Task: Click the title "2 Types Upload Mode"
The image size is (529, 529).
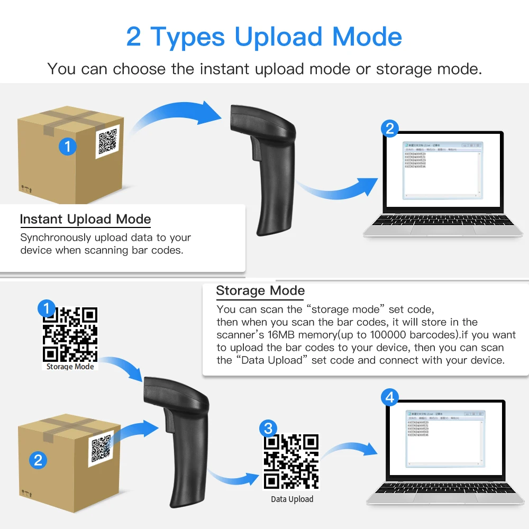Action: (x=264, y=37)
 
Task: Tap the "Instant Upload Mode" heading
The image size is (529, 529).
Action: (x=85, y=220)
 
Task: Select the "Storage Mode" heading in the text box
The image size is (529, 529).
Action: (x=260, y=290)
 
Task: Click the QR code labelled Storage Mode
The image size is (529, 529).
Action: (x=70, y=334)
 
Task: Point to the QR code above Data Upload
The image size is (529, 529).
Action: (x=291, y=462)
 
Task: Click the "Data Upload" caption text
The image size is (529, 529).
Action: (x=292, y=499)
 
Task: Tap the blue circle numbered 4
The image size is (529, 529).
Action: (x=390, y=397)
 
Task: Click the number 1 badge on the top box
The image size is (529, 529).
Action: (x=68, y=146)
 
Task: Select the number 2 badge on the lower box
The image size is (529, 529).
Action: (x=38, y=459)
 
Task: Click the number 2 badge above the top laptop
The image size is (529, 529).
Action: (x=390, y=128)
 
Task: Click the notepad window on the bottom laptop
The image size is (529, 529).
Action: (x=444, y=437)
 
